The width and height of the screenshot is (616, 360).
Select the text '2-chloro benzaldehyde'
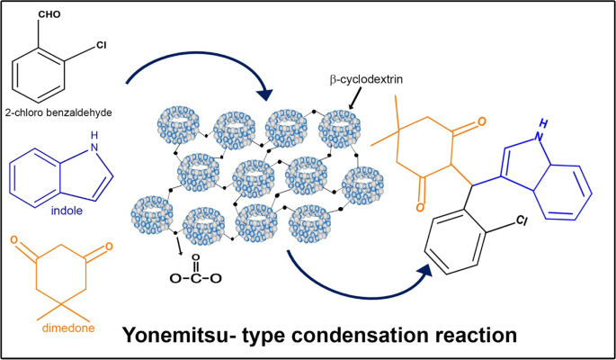pos(65,112)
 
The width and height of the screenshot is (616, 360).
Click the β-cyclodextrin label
pos(364,80)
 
